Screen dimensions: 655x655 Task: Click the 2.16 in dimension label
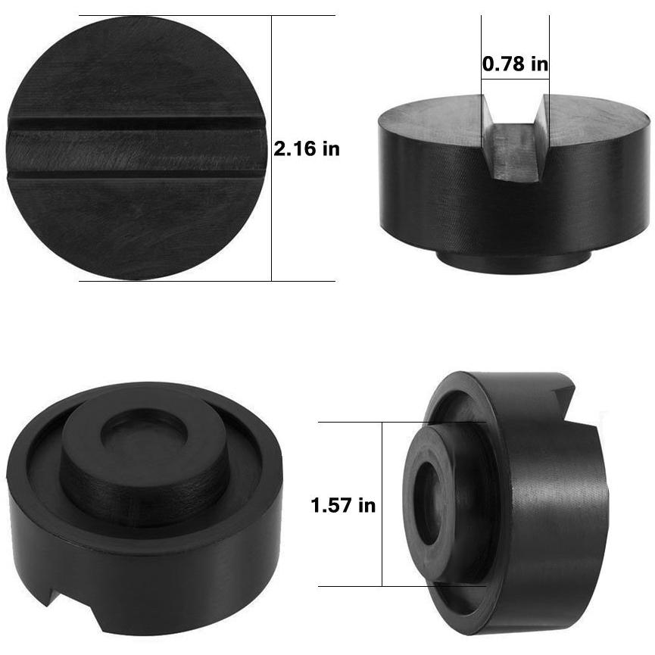click(306, 148)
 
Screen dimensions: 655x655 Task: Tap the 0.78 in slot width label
click(515, 64)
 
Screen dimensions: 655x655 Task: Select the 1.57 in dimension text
click(343, 505)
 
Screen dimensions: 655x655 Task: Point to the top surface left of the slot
click(432, 114)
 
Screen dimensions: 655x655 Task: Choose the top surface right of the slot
click(598, 114)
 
